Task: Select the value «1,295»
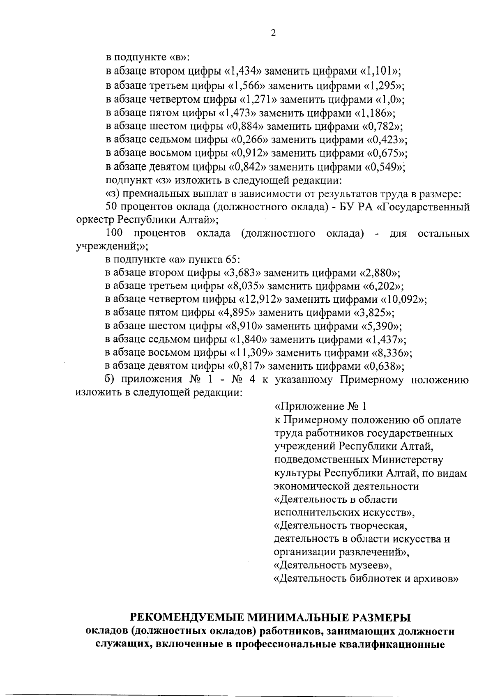click(x=383, y=86)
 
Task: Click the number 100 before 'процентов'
click(x=114, y=234)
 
